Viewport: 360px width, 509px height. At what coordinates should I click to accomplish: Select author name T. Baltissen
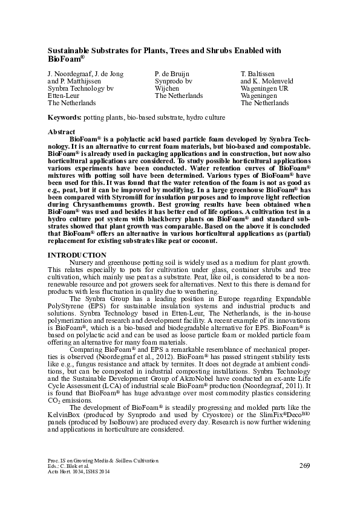click(x=258, y=73)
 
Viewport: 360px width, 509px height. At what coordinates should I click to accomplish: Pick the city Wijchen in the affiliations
click(x=167, y=88)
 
